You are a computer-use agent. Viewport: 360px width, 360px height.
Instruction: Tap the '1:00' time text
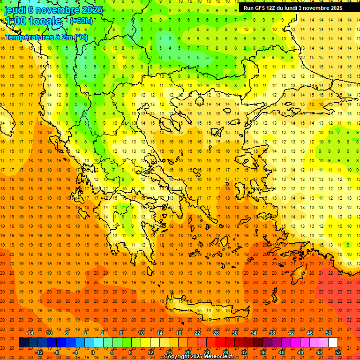pyautogui.click(x=15, y=21)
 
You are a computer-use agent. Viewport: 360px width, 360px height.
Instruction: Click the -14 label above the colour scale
pyautogui.click(x=30, y=333)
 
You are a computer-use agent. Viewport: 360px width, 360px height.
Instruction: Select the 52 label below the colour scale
pyautogui.click(x=338, y=352)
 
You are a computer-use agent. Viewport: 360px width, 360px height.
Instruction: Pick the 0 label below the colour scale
pyautogui.click(x=92, y=352)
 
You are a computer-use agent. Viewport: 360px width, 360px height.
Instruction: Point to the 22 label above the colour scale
pyautogui.click(x=197, y=333)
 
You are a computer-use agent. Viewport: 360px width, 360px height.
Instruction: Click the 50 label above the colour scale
pyautogui.click(x=329, y=333)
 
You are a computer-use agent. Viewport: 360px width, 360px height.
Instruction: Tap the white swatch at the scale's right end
pyautogui.click(x=333, y=343)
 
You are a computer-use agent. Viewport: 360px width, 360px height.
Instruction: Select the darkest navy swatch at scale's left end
pyautogui.click(x=23, y=343)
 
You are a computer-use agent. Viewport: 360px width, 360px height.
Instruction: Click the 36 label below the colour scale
pyautogui.click(x=263, y=352)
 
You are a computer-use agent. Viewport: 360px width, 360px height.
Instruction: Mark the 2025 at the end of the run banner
pyautogui.click(x=335, y=8)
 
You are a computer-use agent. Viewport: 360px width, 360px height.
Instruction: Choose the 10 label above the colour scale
pyautogui.click(x=141, y=333)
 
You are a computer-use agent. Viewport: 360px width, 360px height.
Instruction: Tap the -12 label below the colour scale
pyautogui.click(x=39, y=352)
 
